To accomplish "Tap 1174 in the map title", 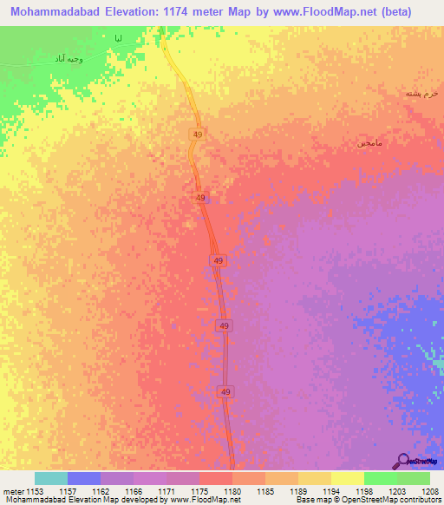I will click(200, 12).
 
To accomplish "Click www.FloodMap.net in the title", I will click(333, 12).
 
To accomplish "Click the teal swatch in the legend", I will click(51, 478).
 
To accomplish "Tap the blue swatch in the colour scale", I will click(84, 478).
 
